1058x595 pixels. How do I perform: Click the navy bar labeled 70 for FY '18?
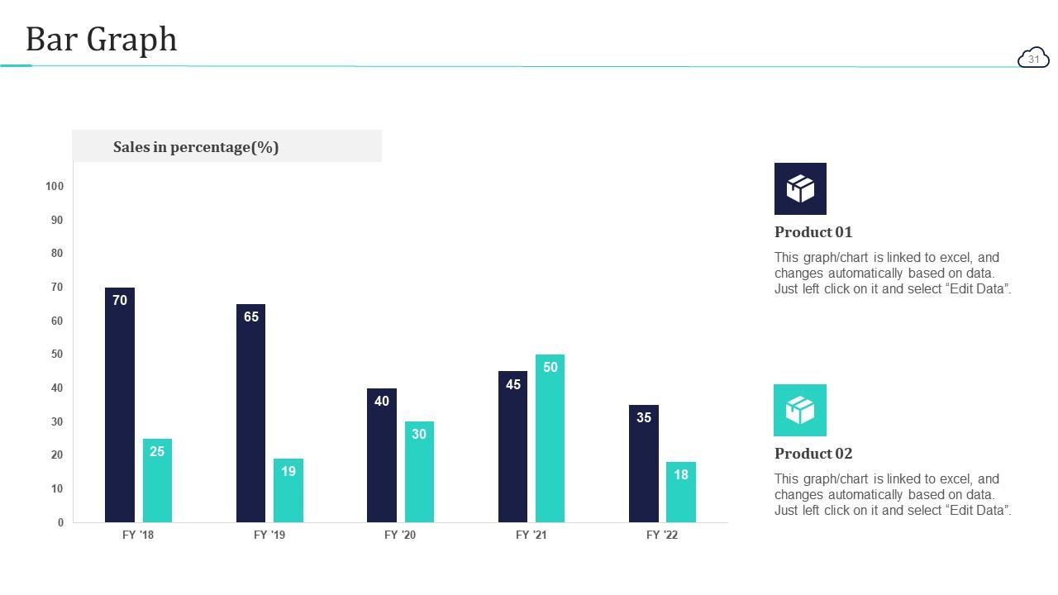[x=120, y=405]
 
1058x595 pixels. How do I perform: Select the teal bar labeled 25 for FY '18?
[x=157, y=480]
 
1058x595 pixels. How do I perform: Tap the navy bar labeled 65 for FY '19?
[x=251, y=413]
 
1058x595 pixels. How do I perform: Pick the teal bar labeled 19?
[x=288, y=490]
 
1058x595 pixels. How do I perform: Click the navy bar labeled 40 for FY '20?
[x=382, y=455]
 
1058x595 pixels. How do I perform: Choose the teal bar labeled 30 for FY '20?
[x=419, y=472]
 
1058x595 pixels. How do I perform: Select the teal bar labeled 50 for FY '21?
[x=550, y=438]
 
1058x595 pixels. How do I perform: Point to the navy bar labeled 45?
[x=512, y=446]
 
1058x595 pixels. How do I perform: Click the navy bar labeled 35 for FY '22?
[x=644, y=464]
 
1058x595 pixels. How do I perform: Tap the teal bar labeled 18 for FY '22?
[x=681, y=492]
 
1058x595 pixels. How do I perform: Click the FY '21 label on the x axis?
[x=531, y=535]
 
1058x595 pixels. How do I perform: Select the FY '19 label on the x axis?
[x=269, y=535]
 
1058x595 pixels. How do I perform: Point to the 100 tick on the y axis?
[x=55, y=187]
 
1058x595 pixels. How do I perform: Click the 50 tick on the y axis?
[x=57, y=355]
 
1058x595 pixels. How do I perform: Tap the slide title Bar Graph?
[x=101, y=39]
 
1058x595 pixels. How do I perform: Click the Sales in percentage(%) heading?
[x=196, y=147]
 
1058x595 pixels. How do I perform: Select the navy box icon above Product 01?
[x=800, y=188]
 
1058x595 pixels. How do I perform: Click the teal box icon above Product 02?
[x=800, y=410]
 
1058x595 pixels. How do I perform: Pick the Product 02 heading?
[x=813, y=454]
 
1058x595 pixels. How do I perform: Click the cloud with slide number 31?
[x=1033, y=58]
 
